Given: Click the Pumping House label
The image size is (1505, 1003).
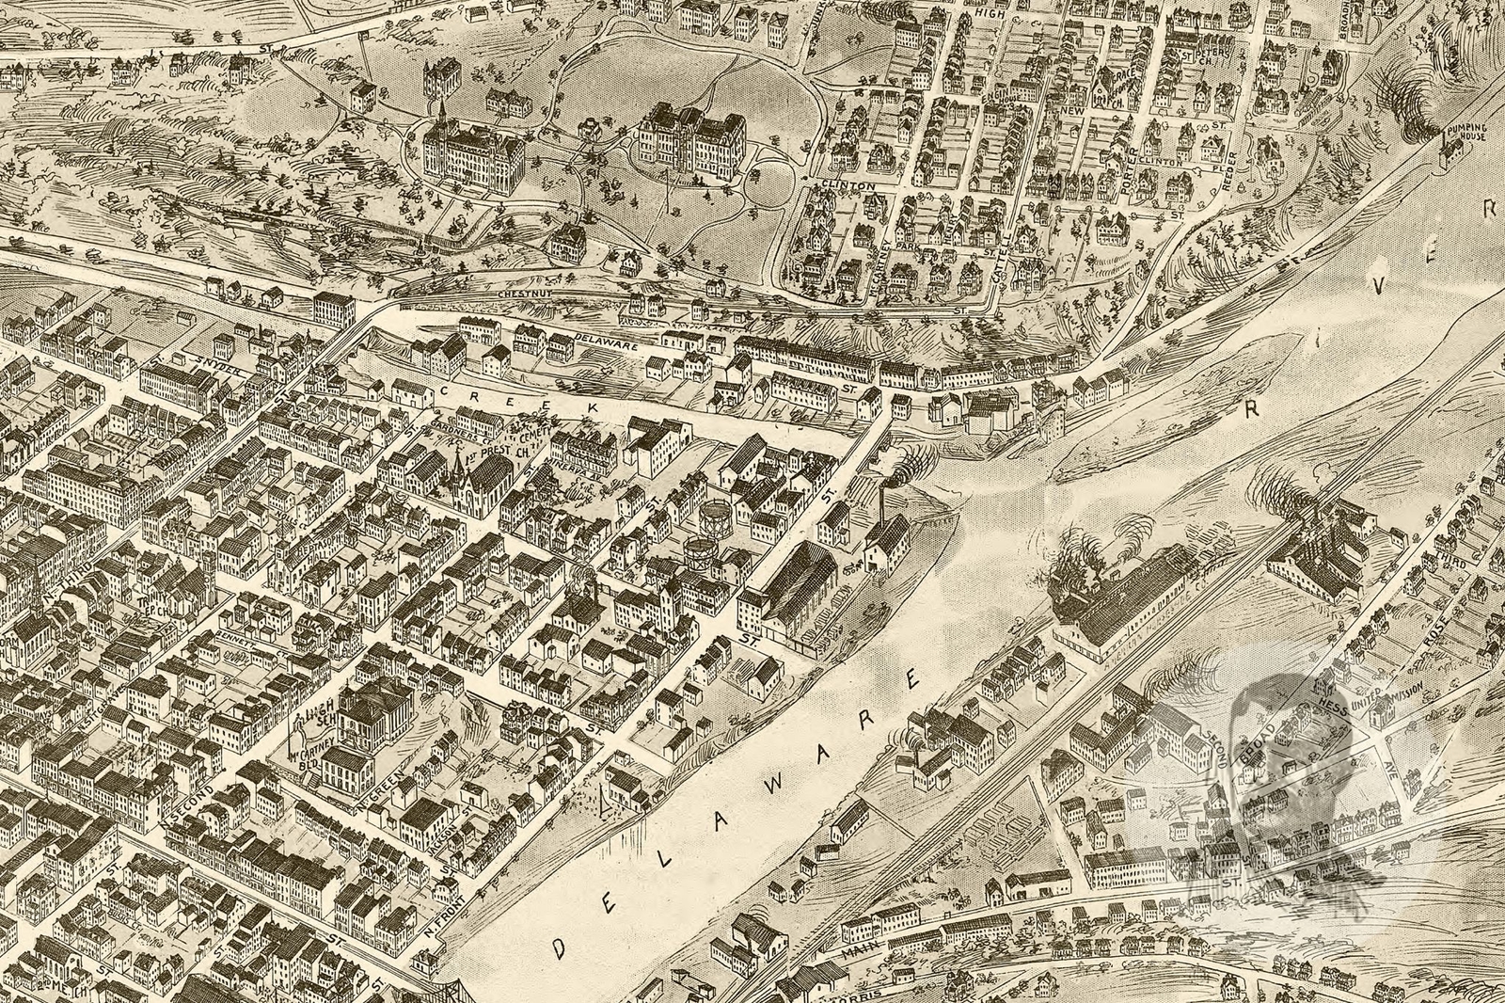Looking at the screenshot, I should [1465, 131].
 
